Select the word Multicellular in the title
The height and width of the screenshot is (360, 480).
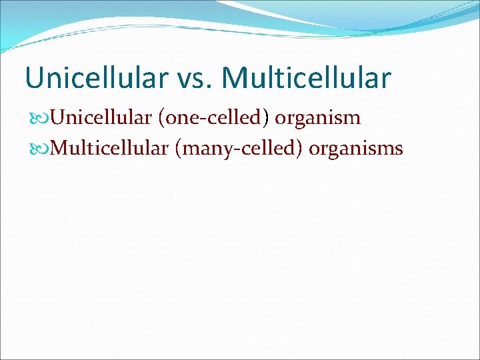(x=307, y=77)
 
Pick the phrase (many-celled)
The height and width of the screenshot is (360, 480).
(x=239, y=148)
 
